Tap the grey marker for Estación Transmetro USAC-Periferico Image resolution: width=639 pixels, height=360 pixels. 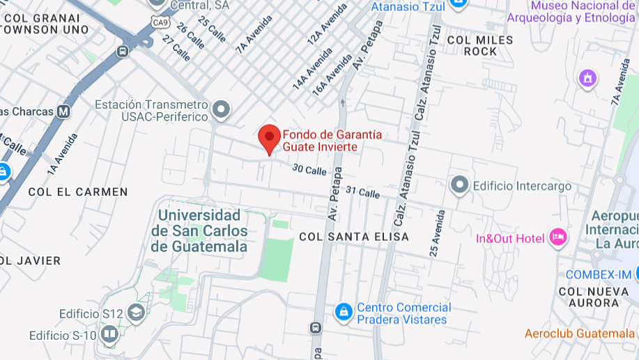coord(221,109)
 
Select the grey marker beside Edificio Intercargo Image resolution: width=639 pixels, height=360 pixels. coord(459,185)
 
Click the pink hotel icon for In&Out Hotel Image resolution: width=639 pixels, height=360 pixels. coord(557,237)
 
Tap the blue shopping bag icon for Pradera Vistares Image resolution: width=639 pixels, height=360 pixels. coord(342,313)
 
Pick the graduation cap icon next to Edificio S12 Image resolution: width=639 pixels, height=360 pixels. coord(136,313)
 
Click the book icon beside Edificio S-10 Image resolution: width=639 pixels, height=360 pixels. coord(109,336)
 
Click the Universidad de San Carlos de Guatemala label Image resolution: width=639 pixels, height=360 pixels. coord(199,230)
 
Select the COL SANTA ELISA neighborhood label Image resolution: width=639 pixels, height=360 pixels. coord(354,237)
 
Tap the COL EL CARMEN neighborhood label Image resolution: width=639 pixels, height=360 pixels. coord(78,191)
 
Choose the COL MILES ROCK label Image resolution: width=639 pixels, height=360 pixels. coord(480,45)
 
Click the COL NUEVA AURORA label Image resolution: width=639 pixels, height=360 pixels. coord(592,296)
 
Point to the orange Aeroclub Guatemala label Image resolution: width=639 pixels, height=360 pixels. coord(580,334)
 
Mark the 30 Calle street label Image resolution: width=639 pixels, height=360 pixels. coord(309,169)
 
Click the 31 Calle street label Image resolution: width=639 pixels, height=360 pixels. coord(362,191)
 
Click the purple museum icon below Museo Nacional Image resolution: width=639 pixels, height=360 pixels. coord(588,78)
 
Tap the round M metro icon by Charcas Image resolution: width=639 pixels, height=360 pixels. coord(64,111)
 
